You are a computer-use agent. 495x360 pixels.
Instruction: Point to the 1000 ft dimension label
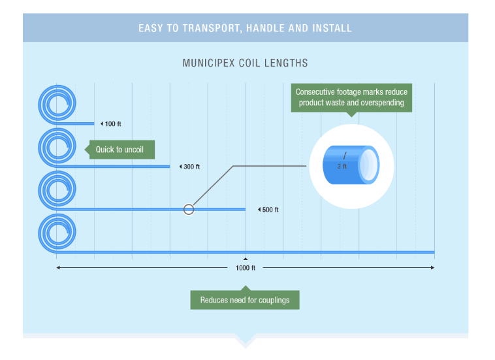point(246,268)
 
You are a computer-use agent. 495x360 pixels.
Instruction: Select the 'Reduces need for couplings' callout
point(245,300)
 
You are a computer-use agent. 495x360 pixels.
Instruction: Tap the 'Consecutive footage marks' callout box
point(351,97)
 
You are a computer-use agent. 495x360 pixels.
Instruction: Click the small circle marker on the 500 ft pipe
point(189,210)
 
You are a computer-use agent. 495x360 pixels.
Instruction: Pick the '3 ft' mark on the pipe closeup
point(342,167)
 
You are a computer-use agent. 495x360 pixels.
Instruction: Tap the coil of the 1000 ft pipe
point(57,232)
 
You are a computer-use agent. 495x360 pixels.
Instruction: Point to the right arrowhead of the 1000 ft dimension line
point(432,267)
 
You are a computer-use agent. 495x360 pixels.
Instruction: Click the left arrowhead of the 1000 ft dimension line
point(59,267)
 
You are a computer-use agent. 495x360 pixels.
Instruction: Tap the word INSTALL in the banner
point(332,28)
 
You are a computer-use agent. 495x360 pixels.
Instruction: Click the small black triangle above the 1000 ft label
point(246,259)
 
